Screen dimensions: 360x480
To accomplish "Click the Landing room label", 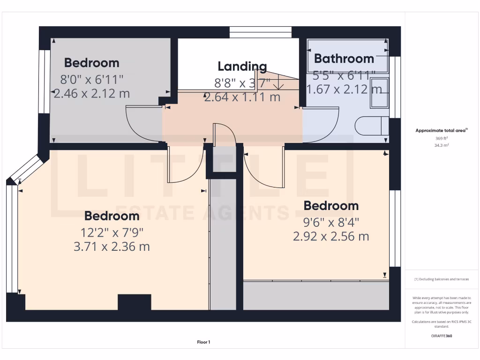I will pos(242,66).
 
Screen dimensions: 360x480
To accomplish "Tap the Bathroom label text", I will pos(344,59).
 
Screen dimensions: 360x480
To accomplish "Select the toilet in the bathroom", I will pos(372,126).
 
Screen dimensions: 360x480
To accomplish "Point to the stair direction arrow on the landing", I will pos(278,83).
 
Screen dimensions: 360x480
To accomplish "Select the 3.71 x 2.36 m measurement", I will pos(112,246).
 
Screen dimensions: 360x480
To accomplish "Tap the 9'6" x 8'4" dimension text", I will pos(331,222).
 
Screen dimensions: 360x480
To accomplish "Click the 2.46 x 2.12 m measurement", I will pos(92,93).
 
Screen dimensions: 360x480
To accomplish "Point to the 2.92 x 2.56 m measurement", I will pos(331,236).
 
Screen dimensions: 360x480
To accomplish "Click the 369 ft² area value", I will pos(442,138).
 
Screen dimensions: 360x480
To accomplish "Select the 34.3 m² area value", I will pos(442,145).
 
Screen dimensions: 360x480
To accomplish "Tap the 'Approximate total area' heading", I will pos(441,131).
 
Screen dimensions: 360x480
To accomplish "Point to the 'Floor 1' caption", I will pos(203,342).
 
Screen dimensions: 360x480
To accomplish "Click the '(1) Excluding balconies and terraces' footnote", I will pos(442,279).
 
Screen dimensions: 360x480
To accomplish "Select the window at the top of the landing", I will pos(261,32).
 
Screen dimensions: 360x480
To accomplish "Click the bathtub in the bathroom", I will pos(347,56).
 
